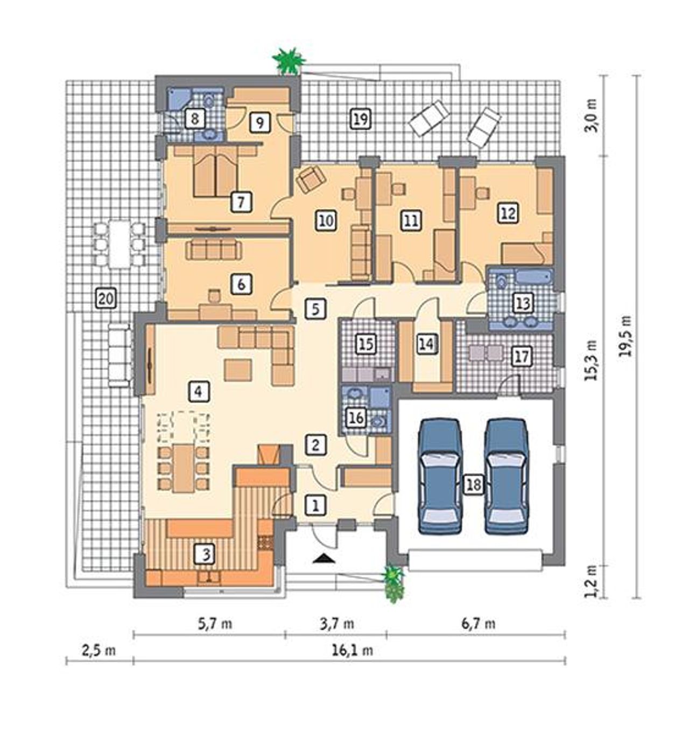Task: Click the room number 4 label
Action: click(x=199, y=391)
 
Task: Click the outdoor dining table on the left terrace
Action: click(x=119, y=245)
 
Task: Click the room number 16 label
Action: click(x=356, y=418)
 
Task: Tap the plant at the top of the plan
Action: click(x=289, y=61)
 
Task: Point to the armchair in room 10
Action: click(x=310, y=179)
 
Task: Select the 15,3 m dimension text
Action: click(x=590, y=360)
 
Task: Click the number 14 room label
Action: click(x=427, y=344)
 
